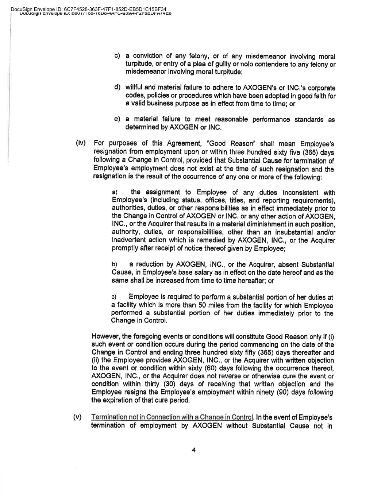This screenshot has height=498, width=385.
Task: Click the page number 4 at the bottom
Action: [x=193, y=450]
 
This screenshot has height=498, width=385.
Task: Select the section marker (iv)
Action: [x=80, y=142]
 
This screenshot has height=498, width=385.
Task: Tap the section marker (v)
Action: [x=78, y=417]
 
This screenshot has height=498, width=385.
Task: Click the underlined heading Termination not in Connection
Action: [x=172, y=417]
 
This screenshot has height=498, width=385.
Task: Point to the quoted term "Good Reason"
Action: [x=225, y=143]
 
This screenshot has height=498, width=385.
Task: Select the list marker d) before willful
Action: [x=117, y=87]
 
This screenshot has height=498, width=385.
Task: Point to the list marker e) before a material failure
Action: [x=117, y=119]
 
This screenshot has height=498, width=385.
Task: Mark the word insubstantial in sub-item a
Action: [x=290, y=232]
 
